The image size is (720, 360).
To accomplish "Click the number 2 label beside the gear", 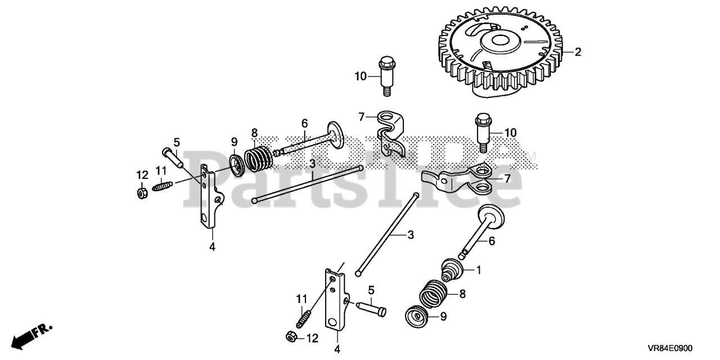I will coord(578,52).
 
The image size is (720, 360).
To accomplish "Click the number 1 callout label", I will coord(479,271).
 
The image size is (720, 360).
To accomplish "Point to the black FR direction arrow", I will coord(25,337).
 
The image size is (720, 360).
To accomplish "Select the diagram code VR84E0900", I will coord(677,349).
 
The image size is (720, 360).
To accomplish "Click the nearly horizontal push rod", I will coord(307,183).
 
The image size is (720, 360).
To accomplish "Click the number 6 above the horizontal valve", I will coord(304,123).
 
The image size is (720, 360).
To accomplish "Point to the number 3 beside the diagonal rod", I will coord(411,235).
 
